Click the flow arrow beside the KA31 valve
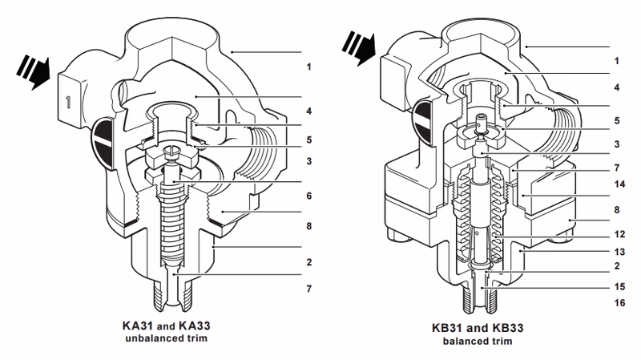click(33, 67)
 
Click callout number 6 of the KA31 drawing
click(308, 196)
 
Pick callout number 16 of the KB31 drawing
click(617, 303)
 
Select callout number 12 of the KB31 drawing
click(617, 235)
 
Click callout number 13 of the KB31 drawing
click(617, 250)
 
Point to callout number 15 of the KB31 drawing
click(617, 285)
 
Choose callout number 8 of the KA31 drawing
click(308, 226)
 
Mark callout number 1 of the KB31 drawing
click(616, 60)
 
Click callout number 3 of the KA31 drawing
click(308, 162)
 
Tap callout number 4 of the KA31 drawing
click(308, 110)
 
